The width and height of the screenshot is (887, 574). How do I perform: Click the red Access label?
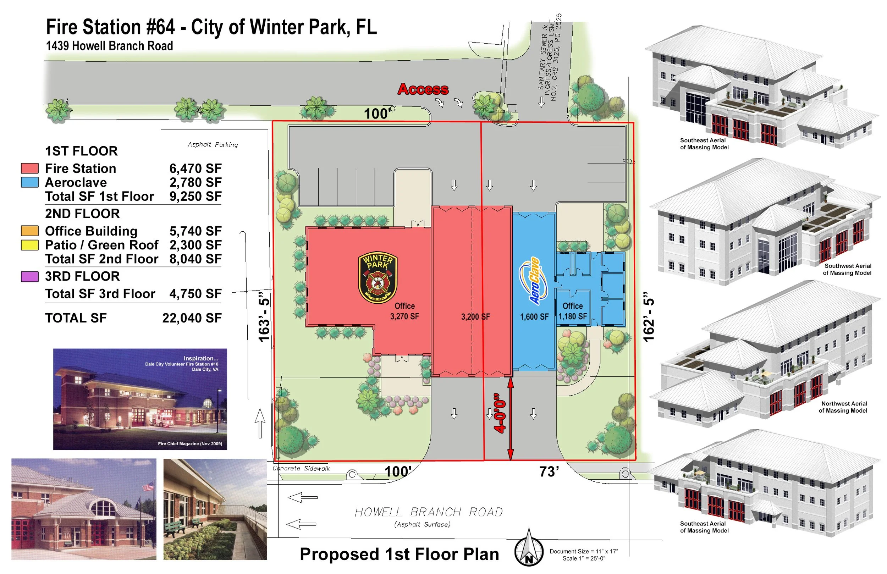coord(423,89)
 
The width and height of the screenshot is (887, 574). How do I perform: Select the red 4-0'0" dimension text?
coord(500,413)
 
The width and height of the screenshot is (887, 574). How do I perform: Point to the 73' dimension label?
coord(549,472)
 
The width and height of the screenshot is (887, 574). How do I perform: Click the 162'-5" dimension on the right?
coord(649,317)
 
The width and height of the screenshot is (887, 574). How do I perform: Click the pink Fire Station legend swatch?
coord(30,168)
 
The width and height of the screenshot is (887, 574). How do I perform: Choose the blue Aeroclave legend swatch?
coord(30,182)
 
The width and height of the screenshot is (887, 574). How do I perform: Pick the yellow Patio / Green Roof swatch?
coord(30,245)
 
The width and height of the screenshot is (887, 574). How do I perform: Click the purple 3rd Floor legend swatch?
coord(30,277)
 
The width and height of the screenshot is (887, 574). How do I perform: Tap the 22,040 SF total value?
coord(192,318)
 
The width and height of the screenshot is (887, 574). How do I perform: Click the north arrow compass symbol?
coord(528,548)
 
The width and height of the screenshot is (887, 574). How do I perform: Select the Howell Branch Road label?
coord(429,512)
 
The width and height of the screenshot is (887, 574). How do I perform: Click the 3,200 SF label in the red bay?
coord(475,317)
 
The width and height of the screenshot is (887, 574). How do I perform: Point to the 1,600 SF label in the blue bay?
coord(534,317)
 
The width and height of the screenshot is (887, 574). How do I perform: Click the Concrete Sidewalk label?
coord(301,469)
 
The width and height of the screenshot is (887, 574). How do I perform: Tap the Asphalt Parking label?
coord(213,145)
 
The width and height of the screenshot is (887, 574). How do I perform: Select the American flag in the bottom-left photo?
coord(148,486)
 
